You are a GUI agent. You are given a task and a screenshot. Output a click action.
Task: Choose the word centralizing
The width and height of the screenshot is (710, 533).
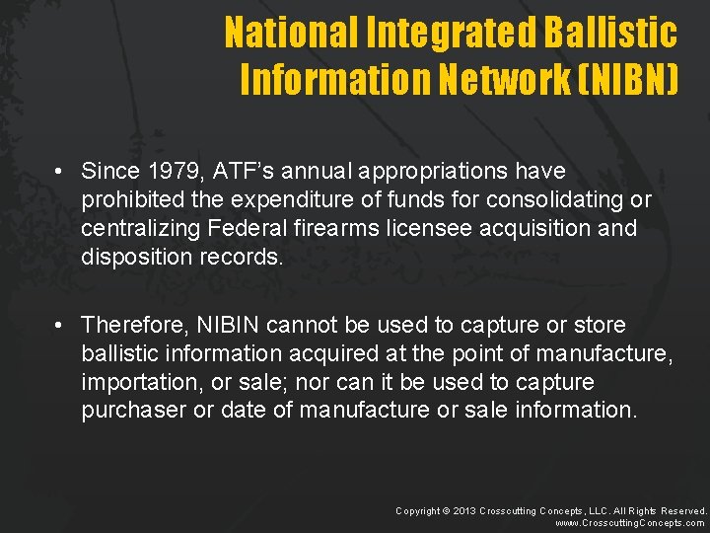coord(141,228)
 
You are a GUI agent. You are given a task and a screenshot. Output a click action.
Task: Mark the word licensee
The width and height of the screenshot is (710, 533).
coord(394,228)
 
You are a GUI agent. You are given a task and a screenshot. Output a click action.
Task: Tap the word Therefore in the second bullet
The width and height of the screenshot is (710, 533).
coord(134,324)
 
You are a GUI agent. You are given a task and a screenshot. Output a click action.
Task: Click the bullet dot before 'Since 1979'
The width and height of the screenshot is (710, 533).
coord(61,172)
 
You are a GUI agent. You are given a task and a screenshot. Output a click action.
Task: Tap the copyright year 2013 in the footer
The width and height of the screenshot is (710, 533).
coord(463,510)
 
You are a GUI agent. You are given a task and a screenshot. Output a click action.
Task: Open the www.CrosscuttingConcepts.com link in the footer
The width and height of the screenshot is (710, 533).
coord(631,523)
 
